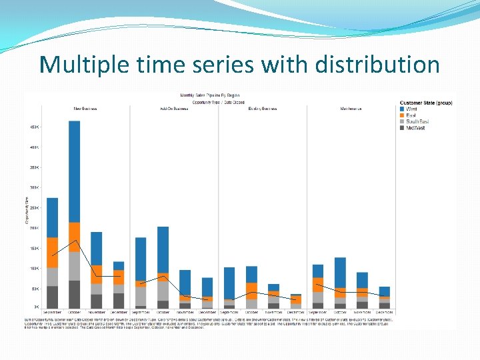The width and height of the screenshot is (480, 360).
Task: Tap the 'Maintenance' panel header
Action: [x=351, y=108]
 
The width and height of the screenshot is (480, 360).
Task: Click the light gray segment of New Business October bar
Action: [x=74, y=266]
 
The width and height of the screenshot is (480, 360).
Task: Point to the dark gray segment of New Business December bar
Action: [x=119, y=301]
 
